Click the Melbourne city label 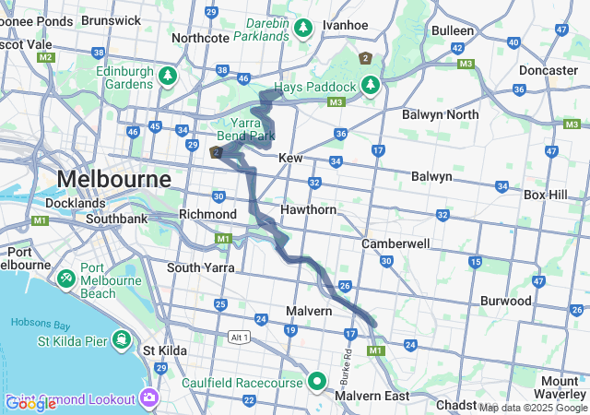(x=114, y=178)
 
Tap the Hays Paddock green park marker (x=371, y=85)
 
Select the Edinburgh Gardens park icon (x=167, y=75)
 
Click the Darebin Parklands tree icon (x=303, y=29)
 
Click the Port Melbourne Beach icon (x=66, y=277)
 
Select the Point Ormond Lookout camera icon (x=149, y=398)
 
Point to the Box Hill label (x=549, y=195)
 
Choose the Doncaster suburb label (x=548, y=70)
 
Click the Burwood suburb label (x=505, y=301)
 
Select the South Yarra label (x=201, y=267)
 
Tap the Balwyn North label (x=440, y=114)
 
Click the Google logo (x=30, y=403)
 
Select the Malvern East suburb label (x=372, y=396)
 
